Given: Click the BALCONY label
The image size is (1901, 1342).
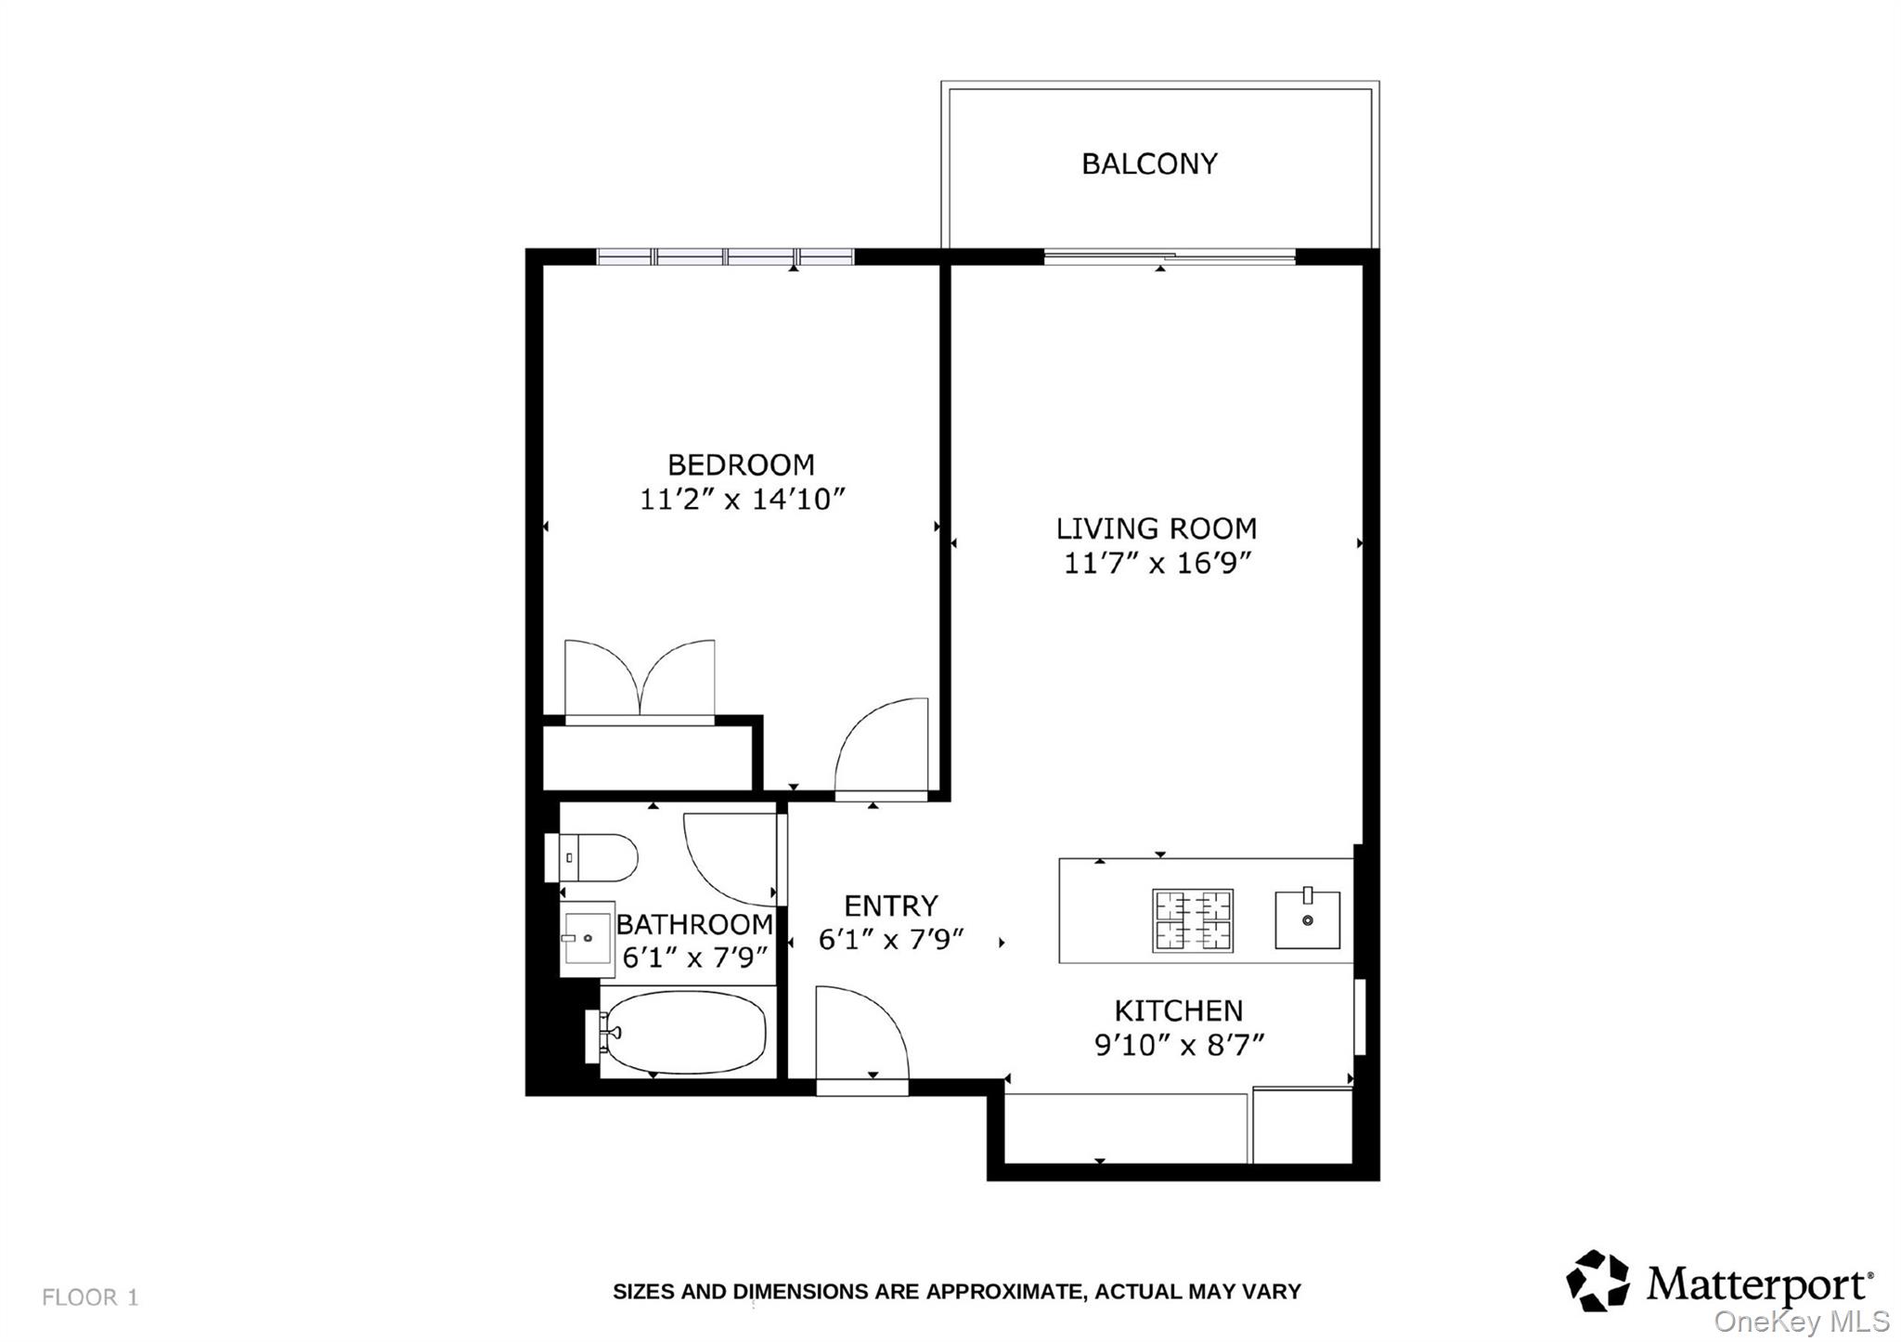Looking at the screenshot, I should point(1149,164).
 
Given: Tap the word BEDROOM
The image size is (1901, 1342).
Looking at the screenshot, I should point(741,464).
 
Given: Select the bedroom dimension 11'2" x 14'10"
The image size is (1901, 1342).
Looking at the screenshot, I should point(742,500).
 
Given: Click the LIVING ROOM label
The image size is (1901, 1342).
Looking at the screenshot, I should point(1157,529).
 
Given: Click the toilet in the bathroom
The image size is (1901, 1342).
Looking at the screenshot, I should point(594,856).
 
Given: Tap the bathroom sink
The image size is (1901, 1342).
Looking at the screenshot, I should point(587,938).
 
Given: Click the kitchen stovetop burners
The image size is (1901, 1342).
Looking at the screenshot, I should point(1193,920).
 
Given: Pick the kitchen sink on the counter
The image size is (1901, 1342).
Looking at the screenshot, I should point(1307,919).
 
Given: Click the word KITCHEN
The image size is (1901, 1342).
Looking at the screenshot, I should point(1178,1010).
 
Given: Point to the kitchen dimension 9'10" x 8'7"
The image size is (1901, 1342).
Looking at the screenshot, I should point(1179,1046).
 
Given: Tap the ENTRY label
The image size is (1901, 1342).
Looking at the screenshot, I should point(891,906).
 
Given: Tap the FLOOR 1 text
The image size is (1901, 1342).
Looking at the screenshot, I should point(90,1297).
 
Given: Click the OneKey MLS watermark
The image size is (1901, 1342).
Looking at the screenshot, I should point(1802,1322).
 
